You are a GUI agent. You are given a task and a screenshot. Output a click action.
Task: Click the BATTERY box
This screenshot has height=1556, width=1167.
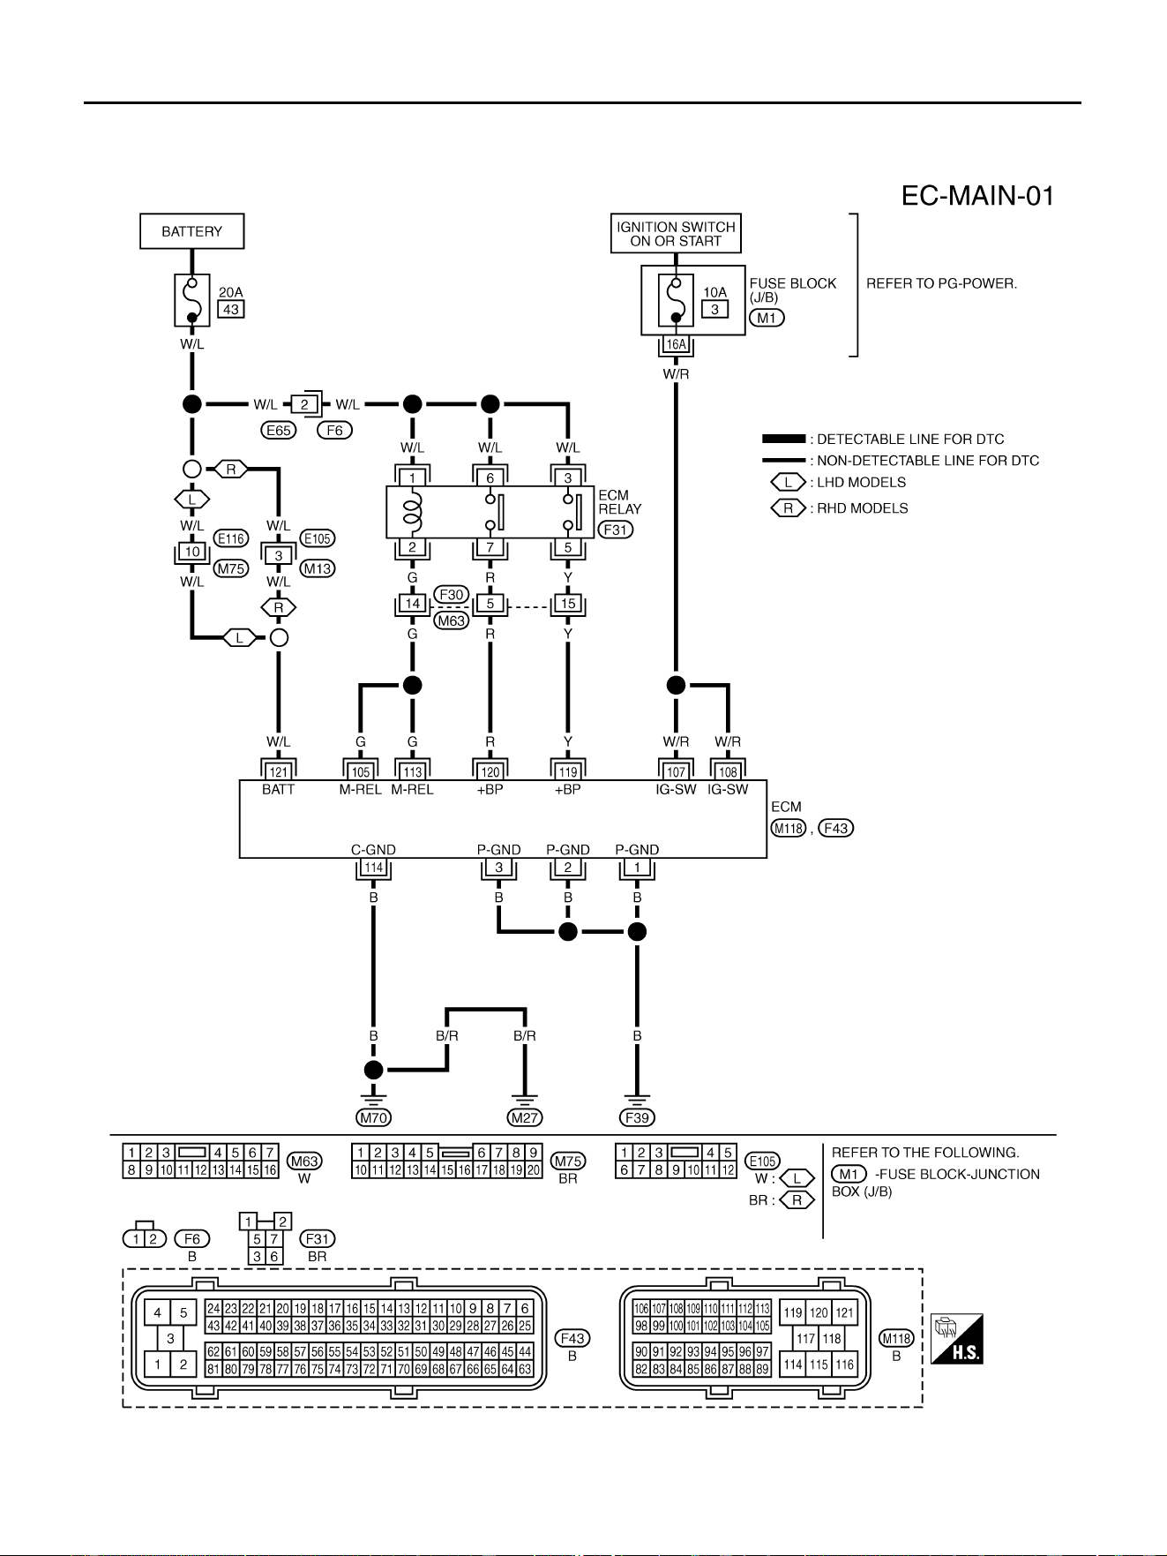(x=192, y=231)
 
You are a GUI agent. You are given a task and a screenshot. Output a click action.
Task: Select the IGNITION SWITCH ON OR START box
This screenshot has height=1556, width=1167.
(x=676, y=234)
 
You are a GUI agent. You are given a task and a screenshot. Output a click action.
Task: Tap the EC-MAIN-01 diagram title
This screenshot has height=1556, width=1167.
(x=977, y=196)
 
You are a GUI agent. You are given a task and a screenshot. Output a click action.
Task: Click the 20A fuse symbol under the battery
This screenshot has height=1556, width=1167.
(x=192, y=300)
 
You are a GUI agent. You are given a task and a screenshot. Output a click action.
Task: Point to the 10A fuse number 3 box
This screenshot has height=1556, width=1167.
(x=714, y=309)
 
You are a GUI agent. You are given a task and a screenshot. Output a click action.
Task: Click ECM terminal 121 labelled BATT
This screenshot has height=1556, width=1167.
(x=279, y=772)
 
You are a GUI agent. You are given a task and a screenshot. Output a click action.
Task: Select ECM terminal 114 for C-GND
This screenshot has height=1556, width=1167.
(x=374, y=868)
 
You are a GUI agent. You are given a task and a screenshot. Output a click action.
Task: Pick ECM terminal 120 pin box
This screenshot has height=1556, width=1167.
(x=490, y=772)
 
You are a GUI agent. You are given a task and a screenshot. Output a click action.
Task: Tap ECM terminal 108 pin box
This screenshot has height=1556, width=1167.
(x=728, y=772)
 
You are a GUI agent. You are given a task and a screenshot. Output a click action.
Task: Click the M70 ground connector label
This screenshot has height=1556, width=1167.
(x=374, y=1117)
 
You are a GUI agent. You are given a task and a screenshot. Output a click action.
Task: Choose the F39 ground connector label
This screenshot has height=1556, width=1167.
(x=637, y=1117)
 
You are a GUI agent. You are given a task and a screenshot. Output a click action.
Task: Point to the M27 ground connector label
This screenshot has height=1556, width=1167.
(x=525, y=1117)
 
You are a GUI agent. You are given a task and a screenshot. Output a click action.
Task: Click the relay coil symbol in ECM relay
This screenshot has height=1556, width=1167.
(x=413, y=512)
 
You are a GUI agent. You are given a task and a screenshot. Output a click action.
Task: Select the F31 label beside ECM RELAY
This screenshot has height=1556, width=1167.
(x=616, y=530)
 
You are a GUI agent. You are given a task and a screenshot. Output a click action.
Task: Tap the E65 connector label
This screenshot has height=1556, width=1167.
(x=279, y=431)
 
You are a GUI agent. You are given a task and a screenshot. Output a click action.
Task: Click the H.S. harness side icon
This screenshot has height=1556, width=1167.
(x=957, y=1339)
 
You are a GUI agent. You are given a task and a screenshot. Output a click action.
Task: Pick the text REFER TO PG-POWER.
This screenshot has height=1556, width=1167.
(x=942, y=284)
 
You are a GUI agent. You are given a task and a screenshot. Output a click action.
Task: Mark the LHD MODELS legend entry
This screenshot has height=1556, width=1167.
(x=839, y=483)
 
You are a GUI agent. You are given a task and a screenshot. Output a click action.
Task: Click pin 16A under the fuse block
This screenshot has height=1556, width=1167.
(x=676, y=344)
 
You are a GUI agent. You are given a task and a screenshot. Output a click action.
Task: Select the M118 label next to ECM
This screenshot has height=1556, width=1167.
(x=789, y=828)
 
